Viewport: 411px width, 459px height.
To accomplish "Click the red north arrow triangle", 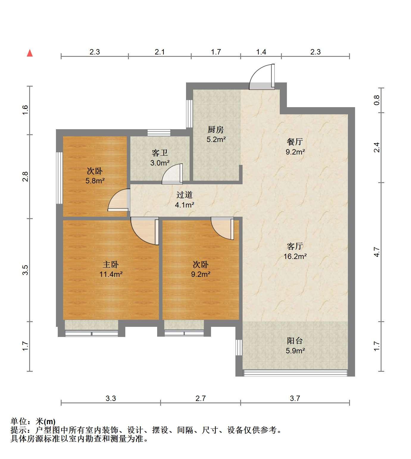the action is tap(30, 53).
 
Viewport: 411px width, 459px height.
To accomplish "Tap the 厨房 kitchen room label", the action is tap(215, 129).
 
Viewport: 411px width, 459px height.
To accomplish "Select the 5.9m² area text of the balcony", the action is tap(295, 351).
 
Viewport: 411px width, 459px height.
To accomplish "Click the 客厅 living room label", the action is tap(295, 246).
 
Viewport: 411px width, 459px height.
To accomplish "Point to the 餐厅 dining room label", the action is tap(295, 142).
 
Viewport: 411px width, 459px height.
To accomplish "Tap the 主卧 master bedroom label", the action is tap(111, 264).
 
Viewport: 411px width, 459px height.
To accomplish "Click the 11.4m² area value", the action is tap(111, 274).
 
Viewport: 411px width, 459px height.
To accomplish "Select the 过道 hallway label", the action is tap(185, 195).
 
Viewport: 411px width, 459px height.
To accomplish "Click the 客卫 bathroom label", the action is tap(160, 153).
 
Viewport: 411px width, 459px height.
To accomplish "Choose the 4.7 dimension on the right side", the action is tap(376, 252).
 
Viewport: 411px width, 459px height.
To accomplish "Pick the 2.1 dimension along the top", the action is tap(160, 52).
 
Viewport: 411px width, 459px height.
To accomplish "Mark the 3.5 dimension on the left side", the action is tap(25, 270).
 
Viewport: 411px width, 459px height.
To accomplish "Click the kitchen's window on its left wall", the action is tap(189, 114).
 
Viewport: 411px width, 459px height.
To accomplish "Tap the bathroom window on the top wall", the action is tap(159, 132).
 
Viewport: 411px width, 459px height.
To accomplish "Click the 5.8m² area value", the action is tap(95, 181).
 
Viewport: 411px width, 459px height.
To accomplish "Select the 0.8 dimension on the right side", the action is tap(376, 100).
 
